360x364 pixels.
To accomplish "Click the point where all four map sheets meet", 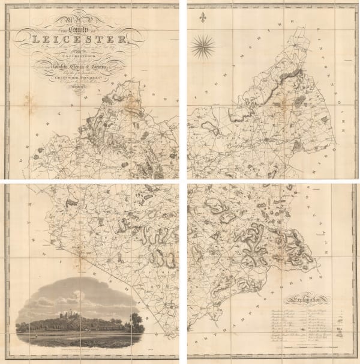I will [x=182, y=181].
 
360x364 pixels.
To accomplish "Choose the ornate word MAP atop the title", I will [x=90, y=18].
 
